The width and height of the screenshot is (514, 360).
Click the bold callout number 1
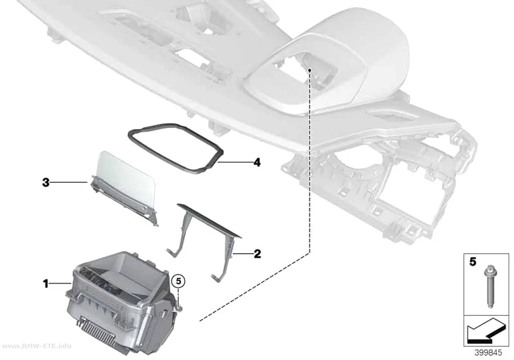[46, 284]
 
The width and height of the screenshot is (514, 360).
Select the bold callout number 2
[257, 253]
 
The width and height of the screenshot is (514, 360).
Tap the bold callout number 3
[46, 182]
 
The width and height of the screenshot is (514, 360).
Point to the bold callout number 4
[257, 162]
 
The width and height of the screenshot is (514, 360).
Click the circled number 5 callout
[179, 281]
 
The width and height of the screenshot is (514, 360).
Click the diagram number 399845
[488, 353]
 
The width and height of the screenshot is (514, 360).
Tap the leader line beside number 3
[69, 182]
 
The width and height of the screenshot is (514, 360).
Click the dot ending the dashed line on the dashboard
[310, 70]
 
